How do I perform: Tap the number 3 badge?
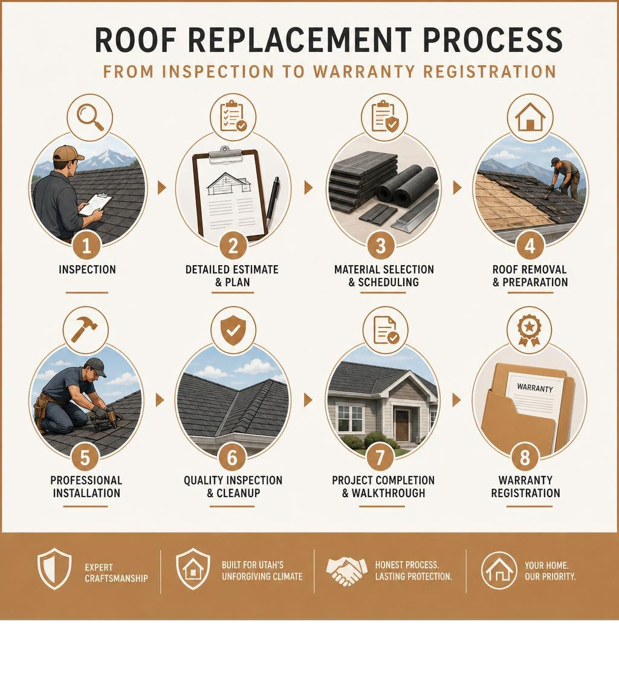point(381,245)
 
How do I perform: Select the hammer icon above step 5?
point(84,330)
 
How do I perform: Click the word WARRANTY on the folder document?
point(535,388)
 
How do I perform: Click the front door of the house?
point(402,425)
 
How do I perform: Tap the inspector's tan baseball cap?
point(68,154)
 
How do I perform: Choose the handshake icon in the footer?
point(346,570)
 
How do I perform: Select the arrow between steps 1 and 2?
point(161,188)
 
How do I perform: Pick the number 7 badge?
point(380,457)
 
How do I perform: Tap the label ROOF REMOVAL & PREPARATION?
point(530,275)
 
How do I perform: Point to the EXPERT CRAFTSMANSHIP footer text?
point(116,573)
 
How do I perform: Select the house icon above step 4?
point(530,117)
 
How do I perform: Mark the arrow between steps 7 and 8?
point(456,400)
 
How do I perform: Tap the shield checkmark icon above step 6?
point(233,330)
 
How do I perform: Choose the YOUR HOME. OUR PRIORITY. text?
point(550,571)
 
